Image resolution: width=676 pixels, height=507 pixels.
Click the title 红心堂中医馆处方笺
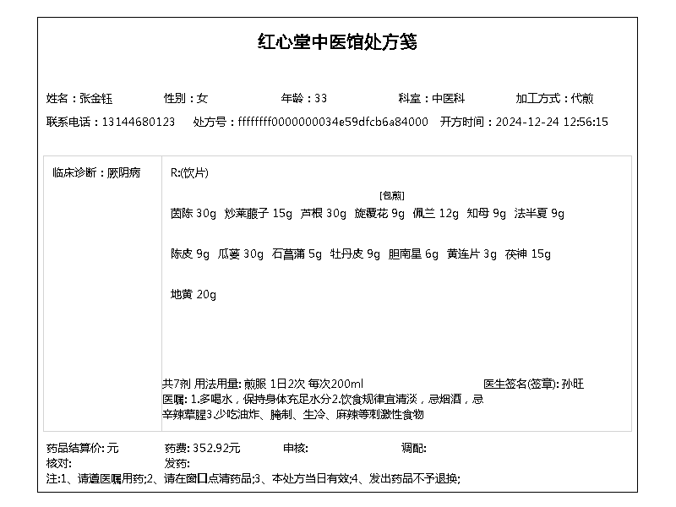tap(337, 42)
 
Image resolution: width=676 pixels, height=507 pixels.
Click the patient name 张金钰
tap(95, 98)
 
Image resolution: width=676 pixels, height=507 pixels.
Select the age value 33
tap(321, 98)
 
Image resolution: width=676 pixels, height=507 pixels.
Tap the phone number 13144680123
tap(138, 122)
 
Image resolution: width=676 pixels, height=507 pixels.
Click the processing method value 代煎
tap(582, 98)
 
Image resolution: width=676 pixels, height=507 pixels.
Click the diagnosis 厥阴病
tap(124, 172)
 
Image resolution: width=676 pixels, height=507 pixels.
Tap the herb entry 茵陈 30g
tap(194, 213)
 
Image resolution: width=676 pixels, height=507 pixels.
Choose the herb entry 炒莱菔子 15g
tap(258, 213)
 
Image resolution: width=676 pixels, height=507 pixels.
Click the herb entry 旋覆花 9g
tap(379, 213)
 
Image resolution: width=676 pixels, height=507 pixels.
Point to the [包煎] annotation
tap(391, 195)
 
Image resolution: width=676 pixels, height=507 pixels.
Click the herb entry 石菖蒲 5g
tap(297, 253)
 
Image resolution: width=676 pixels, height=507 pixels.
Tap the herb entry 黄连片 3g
tap(472, 253)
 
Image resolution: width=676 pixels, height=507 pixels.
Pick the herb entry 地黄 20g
tap(194, 294)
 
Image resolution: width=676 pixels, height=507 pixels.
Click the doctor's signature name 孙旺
tap(572, 384)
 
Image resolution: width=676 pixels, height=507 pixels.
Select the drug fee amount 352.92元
tap(217, 448)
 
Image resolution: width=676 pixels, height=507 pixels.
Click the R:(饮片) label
tap(189, 172)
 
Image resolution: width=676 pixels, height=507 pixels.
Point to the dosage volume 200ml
tap(348, 384)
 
